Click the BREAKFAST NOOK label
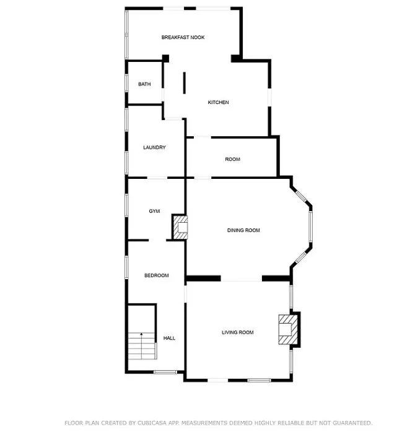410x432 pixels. pos(183,37)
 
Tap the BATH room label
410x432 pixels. pos(144,84)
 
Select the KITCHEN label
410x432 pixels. pos(218,102)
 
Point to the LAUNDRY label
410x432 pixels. pos(154,147)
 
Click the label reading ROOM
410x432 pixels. pos(232,159)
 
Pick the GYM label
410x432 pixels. pos(154,211)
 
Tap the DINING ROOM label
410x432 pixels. pos(243,230)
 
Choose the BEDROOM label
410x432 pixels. pos(156,275)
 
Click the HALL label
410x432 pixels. pos(169,338)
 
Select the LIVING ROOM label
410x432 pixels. pos(237,332)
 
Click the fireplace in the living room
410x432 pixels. pos(288,329)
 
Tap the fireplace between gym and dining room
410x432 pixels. pos(180,227)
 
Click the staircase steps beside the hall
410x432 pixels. pos(142,346)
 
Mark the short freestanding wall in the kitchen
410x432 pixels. pos(185,83)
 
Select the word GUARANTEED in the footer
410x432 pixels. pos(352,423)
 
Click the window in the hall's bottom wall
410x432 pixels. pos(165,372)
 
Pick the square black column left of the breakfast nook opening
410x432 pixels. pos(165,58)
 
